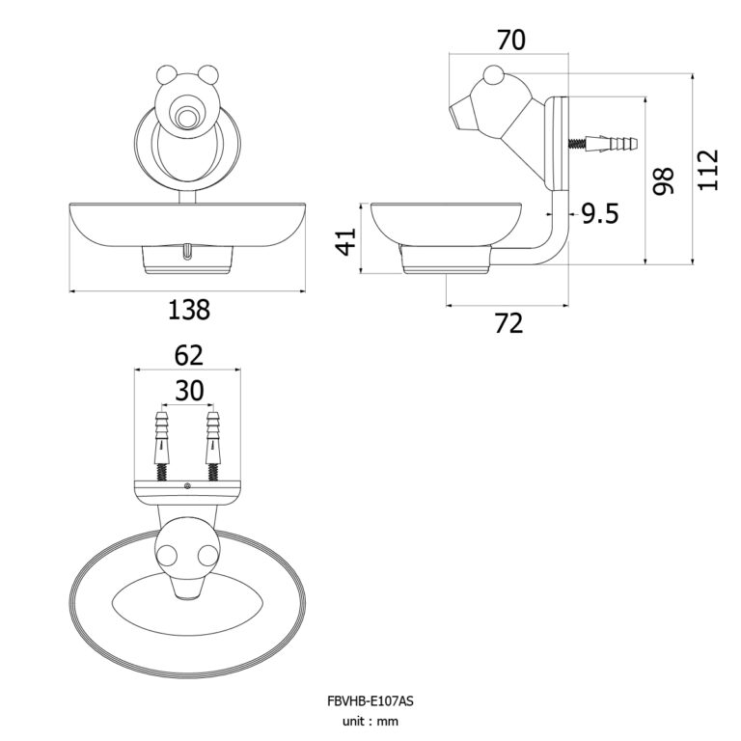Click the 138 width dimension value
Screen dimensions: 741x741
point(188,310)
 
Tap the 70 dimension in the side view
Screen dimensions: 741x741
point(510,41)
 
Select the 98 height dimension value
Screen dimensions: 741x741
point(661,180)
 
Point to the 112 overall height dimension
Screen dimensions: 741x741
point(708,169)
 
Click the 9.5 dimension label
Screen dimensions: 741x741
point(599,214)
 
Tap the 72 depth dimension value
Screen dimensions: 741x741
point(508,324)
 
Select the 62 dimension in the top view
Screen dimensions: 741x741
point(188,355)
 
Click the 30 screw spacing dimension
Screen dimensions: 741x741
point(188,390)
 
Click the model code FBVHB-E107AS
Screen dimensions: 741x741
point(370,701)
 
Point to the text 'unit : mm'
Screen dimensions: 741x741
point(370,721)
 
